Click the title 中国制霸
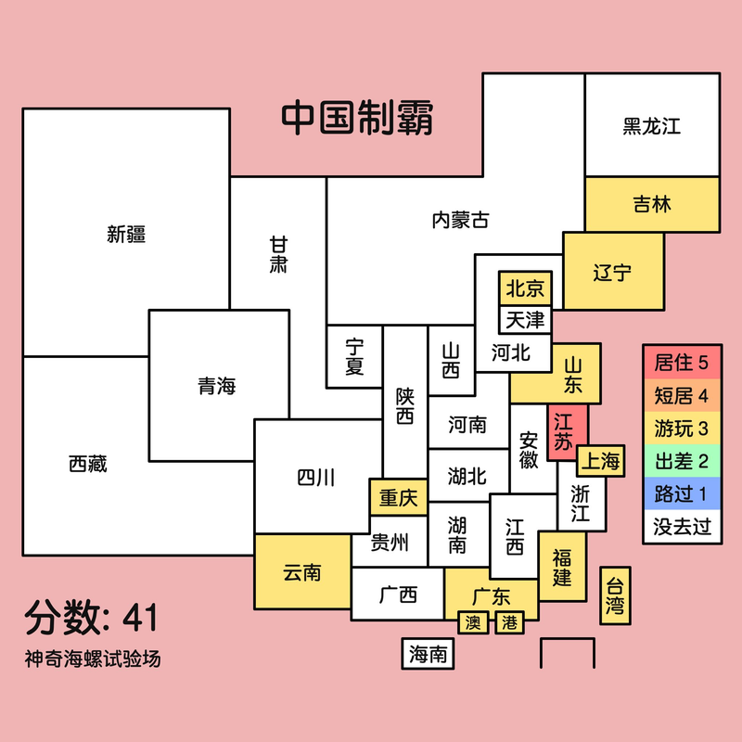tap(357, 117)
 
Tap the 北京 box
tap(525, 288)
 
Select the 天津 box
tap(525, 320)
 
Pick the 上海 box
tap(600, 461)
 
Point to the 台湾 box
tap(615, 595)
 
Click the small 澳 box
tap(473, 622)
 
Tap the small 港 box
tap(509, 622)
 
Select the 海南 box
tap(428, 654)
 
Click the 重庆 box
tap(399, 497)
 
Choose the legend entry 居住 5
tap(682, 363)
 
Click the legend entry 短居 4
tap(682, 396)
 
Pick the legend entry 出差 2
tap(682, 461)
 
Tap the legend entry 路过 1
tap(682, 493)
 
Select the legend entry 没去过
tap(682, 526)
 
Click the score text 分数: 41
tap(91, 618)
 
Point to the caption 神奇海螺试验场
tap(93, 659)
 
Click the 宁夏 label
tap(354, 357)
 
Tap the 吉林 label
tap(652, 204)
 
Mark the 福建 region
tap(563, 567)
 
